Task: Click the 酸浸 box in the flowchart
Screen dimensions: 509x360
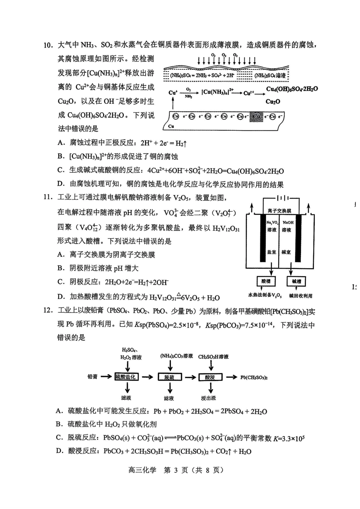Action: click(x=210, y=377)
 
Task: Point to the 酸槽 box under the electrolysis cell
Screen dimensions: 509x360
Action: click(x=266, y=281)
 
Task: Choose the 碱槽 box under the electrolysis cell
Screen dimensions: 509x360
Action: click(x=296, y=281)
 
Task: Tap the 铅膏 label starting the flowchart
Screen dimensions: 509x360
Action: click(x=92, y=377)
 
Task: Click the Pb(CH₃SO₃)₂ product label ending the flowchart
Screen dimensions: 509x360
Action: click(x=254, y=377)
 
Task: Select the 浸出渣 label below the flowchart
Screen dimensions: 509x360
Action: click(x=209, y=398)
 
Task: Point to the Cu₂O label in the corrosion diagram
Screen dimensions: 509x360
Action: click(x=273, y=101)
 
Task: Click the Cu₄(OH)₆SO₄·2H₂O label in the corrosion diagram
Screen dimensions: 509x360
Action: click(x=292, y=89)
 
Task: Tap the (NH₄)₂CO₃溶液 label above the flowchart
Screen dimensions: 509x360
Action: click(x=176, y=356)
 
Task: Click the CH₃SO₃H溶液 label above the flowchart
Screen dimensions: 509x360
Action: click(x=213, y=356)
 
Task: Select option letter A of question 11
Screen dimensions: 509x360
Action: click(x=61, y=255)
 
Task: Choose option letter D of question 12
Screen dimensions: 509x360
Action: click(x=59, y=451)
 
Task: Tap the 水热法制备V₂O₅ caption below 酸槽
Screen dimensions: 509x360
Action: click(x=265, y=295)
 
